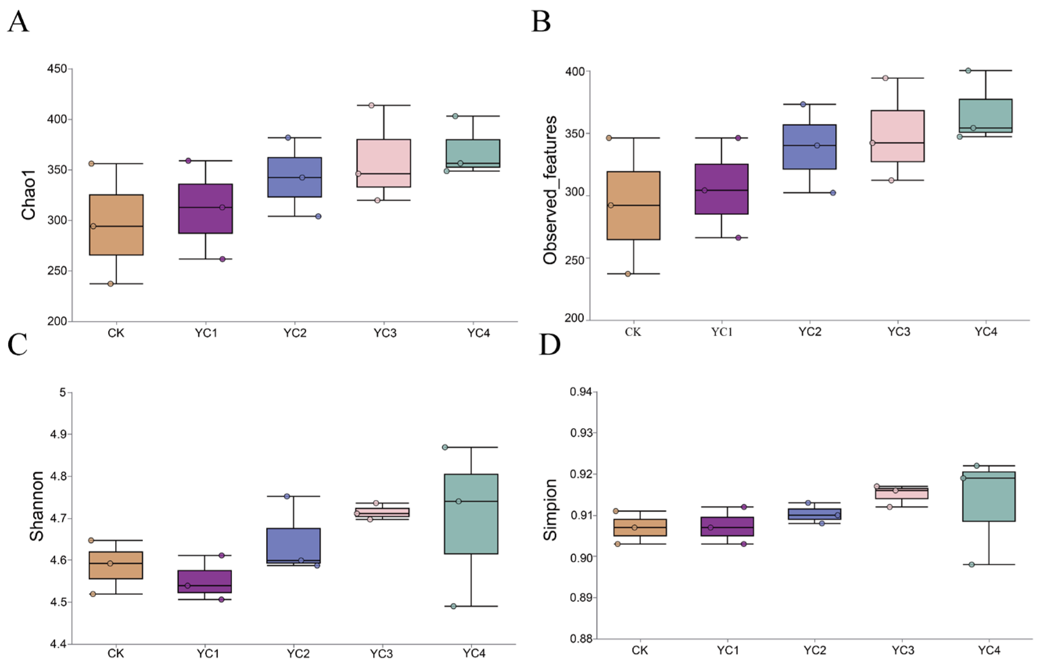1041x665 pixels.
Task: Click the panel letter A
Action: pos(18,22)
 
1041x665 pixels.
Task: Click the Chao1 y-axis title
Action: pos(29,195)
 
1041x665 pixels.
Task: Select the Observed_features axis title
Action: pos(550,190)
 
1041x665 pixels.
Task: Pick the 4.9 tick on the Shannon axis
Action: pos(57,434)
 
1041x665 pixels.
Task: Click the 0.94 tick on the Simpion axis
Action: pos(581,392)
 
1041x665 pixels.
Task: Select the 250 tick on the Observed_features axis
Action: pos(574,259)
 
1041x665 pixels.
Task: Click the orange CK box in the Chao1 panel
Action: pos(116,225)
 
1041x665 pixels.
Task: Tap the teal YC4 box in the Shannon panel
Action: pos(471,514)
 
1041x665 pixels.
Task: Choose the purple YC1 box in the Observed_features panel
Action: pos(721,189)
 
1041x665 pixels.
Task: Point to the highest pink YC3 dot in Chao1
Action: pos(371,106)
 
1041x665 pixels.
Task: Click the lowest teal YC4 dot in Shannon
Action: pos(453,606)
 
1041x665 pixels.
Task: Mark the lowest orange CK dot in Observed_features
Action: pos(628,274)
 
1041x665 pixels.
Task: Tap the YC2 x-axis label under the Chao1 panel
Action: pos(295,333)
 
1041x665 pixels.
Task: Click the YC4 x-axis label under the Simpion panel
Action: pos(989,650)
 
